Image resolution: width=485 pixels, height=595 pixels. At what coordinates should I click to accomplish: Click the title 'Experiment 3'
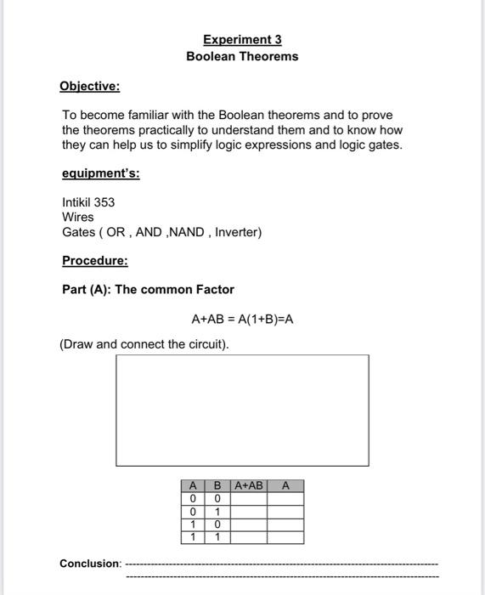point(242,39)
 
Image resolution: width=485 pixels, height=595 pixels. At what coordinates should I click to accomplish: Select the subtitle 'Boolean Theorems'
point(242,56)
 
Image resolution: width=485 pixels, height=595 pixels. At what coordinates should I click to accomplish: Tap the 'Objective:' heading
point(89,86)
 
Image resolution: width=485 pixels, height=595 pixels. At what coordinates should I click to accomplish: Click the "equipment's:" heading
point(101,173)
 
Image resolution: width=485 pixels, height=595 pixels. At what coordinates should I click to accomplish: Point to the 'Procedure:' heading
point(94,260)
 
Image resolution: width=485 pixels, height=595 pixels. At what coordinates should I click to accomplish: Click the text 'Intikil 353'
point(88,202)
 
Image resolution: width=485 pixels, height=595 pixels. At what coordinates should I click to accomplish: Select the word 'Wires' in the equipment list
point(78,217)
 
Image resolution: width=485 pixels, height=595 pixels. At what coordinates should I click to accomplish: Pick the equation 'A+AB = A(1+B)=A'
point(242,320)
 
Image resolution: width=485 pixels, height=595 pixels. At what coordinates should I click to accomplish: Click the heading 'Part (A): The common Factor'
point(148,290)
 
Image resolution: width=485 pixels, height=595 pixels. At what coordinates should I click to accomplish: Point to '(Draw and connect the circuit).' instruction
point(144,344)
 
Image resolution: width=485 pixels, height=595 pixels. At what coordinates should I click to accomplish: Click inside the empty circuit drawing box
point(242,410)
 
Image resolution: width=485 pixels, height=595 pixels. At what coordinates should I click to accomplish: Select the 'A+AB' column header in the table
point(249,486)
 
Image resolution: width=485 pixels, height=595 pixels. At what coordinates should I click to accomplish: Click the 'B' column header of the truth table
point(217,486)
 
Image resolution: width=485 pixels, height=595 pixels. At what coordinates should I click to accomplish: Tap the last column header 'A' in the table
point(285,486)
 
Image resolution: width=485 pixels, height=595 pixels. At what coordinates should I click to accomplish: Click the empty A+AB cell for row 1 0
point(249,524)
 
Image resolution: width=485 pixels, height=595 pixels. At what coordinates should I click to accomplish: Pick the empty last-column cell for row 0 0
point(285,499)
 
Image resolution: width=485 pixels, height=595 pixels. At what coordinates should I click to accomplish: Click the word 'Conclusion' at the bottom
point(89,564)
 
